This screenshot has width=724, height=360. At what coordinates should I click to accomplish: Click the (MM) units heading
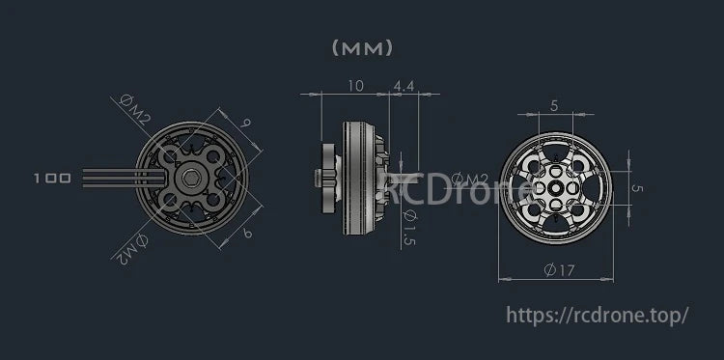click(x=362, y=46)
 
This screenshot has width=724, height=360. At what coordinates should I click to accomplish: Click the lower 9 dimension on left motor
click(x=249, y=233)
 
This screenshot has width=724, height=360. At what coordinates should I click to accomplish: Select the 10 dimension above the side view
click(x=354, y=86)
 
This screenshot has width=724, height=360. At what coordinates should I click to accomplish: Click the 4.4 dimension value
click(x=404, y=86)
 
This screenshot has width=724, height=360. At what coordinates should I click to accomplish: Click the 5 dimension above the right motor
click(x=554, y=105)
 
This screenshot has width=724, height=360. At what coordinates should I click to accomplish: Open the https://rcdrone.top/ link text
click(x=598, y=315)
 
